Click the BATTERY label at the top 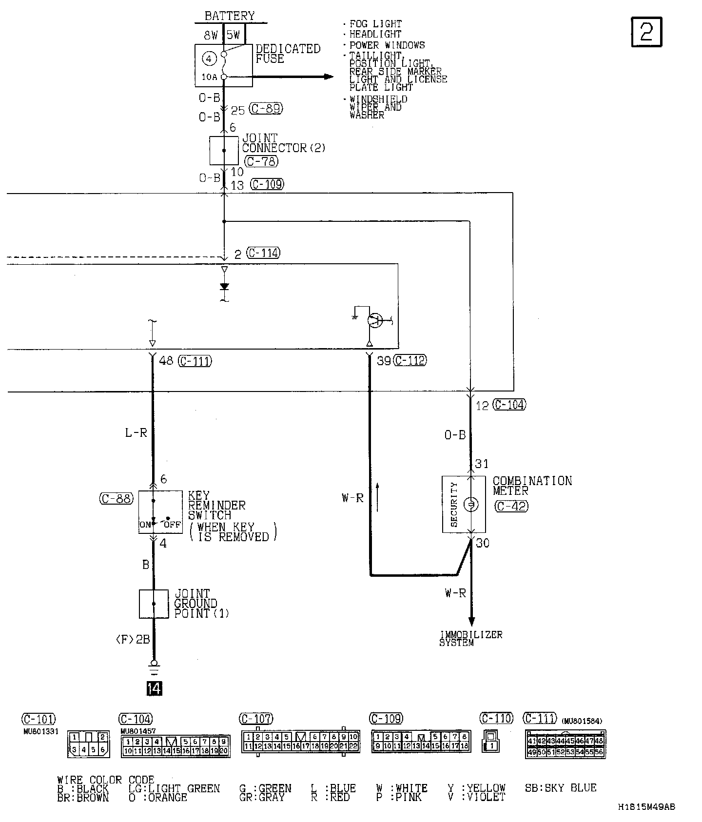[x=229, y=16]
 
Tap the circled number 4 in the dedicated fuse [x=209, y=59]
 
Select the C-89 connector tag [x=266, y=109]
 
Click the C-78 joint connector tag [x=260, y=161]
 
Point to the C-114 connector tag [x=263, y=253]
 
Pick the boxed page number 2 [x=646, y=32]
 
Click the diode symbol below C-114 [x=224, y=286]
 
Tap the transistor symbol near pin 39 [x=374, y=320]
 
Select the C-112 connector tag [x=409, y=360]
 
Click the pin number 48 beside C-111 [x=166, y=361]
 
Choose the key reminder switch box [x=154, y=512]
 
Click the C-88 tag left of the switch [x=116, y=499]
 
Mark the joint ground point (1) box [x=154, y=604]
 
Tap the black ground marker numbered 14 [x=154, y=688]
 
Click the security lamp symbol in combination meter [x=471, y=505]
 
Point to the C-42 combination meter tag [x=511, y=506]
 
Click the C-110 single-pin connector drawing [x=490, y=742]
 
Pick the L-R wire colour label [x=136, y=432]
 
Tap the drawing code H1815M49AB [x=646, y=807]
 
